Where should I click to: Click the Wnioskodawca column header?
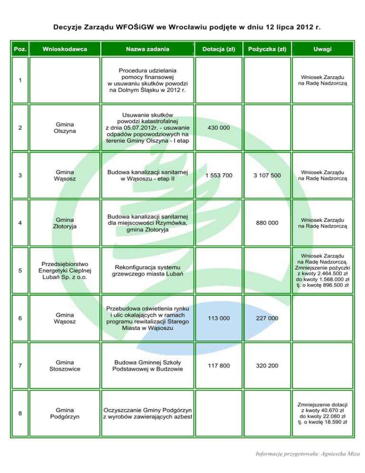click(x=65, y=49)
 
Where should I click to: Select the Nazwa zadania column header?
click(x=147, y=49)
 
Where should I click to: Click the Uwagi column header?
click(x=323, y=49)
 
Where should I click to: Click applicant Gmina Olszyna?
click(x=65, y=129)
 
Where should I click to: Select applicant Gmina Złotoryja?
click(x=65, y=222)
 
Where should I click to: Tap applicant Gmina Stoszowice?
click(x=65, y=365)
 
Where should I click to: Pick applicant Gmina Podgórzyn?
click(x=65, y=413)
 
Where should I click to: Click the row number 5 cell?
click(x=20, y=271)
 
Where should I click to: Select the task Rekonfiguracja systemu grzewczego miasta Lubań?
click(x=147, y=271)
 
